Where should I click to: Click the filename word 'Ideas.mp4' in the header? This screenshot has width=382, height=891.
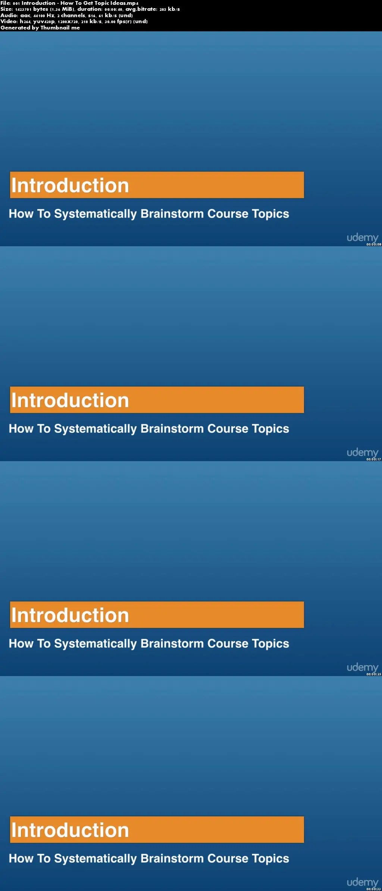click(x=124, y=3)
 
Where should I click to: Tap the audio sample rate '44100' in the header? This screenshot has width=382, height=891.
click(x=39, y=16)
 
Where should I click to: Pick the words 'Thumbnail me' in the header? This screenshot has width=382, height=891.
click(x=60, y=28)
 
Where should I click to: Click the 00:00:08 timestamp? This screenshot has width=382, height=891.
click(x=374, y=244)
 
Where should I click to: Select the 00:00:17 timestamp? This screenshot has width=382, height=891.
click(x=374, y=459)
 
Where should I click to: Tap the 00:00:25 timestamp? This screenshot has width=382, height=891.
click(x=374, y=674)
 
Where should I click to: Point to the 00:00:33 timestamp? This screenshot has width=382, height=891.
click(x=374, y=889)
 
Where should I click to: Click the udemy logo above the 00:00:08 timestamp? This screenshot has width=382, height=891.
click(x=363, y=238)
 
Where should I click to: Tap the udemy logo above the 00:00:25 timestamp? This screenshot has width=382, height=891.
click(x=363, y=668)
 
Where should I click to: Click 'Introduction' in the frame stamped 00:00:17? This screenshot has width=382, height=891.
click(x=70, y=400)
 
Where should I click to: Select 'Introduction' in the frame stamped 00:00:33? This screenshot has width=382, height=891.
click(x=70, y=830)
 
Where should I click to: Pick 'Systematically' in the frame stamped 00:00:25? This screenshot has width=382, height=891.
click(x=95, y=644)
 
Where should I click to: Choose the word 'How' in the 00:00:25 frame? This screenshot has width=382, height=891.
click(x=21, y=644)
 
